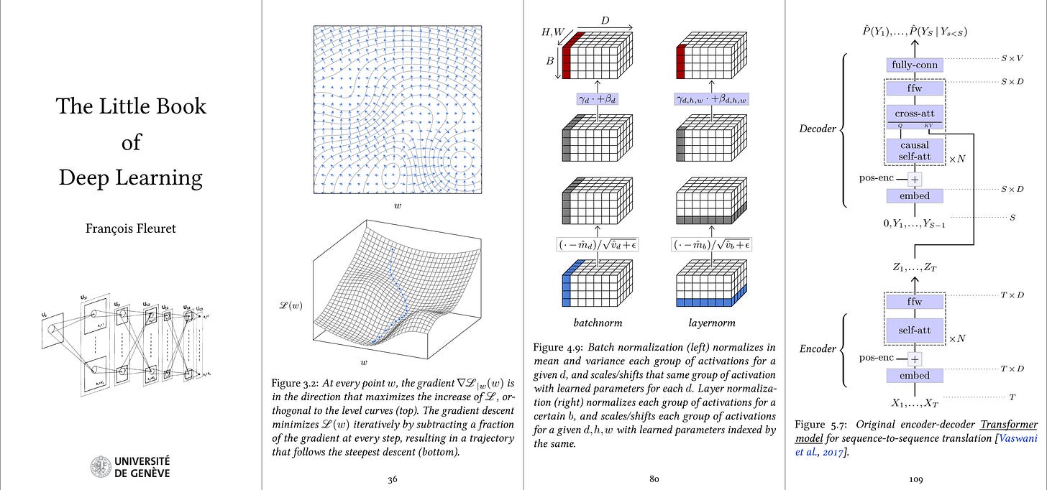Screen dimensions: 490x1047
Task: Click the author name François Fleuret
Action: point(131,230)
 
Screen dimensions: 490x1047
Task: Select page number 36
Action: point(393,479)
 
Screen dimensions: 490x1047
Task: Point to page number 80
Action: point(654,479)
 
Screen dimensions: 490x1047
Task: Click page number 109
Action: point(914,479)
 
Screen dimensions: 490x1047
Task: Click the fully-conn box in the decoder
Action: point(914,65)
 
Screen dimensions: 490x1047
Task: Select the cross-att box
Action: point(914,114)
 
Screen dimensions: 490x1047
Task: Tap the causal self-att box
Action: point(914,151)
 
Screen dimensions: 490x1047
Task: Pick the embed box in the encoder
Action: point(914,376)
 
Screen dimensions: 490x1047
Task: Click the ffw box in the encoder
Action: point(914,302)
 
